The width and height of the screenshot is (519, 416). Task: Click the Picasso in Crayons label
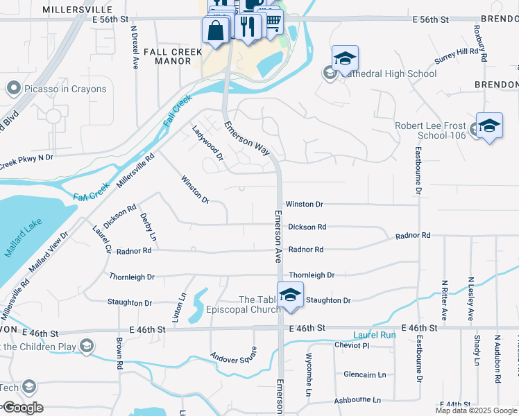[x=66, y=89]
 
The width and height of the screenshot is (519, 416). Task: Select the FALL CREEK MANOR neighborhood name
[x=167, y=56]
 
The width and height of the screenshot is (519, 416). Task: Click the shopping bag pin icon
[x=216, y=31]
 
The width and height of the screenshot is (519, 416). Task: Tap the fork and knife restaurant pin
[x=247, y=26]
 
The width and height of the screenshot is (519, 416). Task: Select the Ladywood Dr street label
[x=207, y=142]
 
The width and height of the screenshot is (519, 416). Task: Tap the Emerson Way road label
[x=246, y=139]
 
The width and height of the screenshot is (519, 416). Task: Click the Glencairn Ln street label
[x=364, y=374]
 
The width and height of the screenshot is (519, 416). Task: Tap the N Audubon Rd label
[x=497, y=360]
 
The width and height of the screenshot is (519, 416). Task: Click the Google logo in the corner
[x=22, y=408]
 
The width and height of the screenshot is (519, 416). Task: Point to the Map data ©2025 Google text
[x=476, y=410]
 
